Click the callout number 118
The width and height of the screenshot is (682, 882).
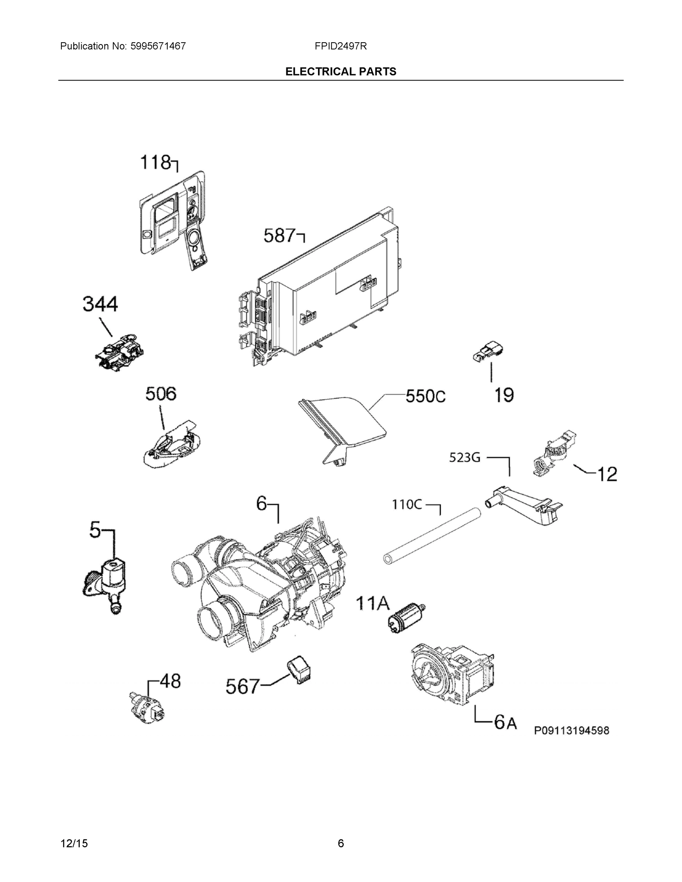(x=155, y=163)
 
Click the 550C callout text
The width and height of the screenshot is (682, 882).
(x=425, y=397)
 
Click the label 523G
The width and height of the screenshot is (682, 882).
(x=465, y=458)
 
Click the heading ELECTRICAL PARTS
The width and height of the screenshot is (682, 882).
(x=340, y=72)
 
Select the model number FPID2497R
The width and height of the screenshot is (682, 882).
(x=340, y=46)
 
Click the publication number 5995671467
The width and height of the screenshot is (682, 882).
(x=158, y=46)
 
